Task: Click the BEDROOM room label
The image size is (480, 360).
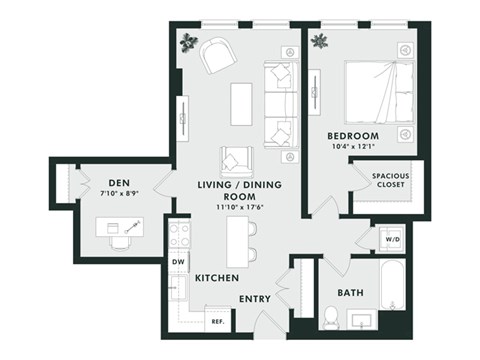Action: [x=351, y=135]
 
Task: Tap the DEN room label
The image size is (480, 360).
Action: [x=119, y=183]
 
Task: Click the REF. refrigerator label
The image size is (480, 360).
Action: [x=217, y=322]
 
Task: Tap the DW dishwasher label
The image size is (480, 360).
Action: [x=179, y=261]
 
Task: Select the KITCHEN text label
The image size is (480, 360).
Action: [x=216, y=277]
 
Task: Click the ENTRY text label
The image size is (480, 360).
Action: [x=255, y=299]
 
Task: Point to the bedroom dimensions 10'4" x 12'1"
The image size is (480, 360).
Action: [x=351, y=147]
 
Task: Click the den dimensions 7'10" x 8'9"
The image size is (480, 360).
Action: [x=119, y=194]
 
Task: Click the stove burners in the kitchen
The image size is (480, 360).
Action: [x=179, y=235]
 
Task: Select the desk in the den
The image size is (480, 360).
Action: [x=119, y=227]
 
